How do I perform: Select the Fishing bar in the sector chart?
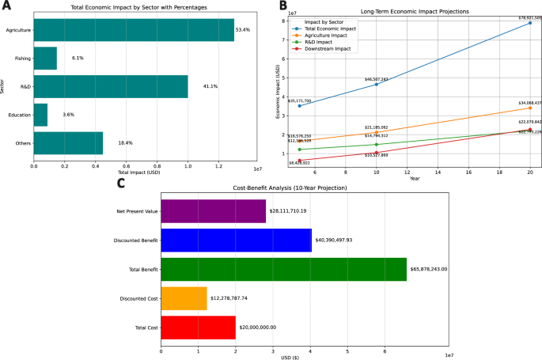tap(45, 59)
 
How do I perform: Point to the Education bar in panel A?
tap(40, 115)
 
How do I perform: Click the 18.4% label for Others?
tap(123, 143)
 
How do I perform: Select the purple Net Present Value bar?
tap(214, 211)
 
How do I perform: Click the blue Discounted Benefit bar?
tap(236, 240)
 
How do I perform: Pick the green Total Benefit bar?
tap(283, 269)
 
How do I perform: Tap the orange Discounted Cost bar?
tap(184, 297)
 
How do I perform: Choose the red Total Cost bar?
tap(198, 326)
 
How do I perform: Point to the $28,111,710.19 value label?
tap(292, 211)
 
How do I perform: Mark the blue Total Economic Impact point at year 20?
tap(529, 23)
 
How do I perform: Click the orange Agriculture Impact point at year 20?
tap(529, 108)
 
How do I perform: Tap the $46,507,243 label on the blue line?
tap(376, 79)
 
